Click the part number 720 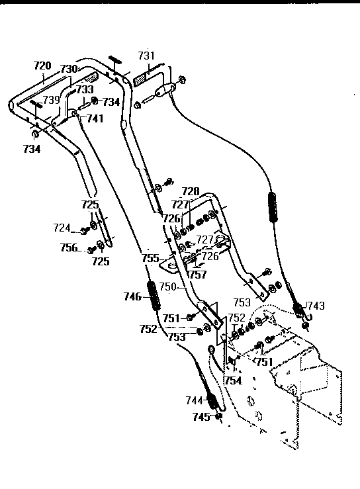tap(42, 66)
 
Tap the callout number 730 tap(69, 69)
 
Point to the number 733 tap(84, 89)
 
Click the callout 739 tap(51, 99)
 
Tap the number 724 tap(62, 228)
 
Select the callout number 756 tap(69, 249)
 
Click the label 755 tap(152, 259)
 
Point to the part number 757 tap(197, 274)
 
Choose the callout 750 tap(169, 287)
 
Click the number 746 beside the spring tap(133, 297)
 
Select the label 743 tap(316, 306)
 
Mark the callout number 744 tap(194, 400)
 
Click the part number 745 tap(201, 417)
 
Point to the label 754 tap(232, 381)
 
